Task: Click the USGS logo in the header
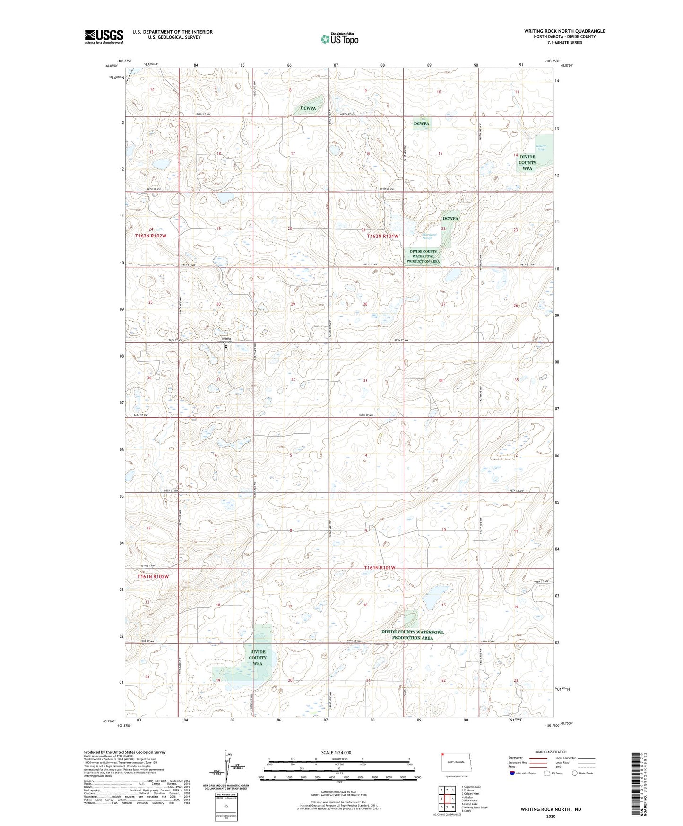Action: coord(104,36)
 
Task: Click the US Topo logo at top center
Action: coord(339,39)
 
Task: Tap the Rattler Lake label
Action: coord(541,148)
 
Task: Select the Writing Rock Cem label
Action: coord(226,340)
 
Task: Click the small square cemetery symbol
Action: coord(226,346)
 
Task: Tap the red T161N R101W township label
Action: coord(380,567)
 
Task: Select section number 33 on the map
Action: coord(365,380)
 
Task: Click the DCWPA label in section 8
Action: coord(308,108)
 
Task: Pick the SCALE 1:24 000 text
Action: coord(336,753)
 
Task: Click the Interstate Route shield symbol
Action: coord(512,773)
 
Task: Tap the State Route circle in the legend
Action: coord(575,773)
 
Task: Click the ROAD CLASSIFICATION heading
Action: coord(551,752)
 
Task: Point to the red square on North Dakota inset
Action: coord(443,755)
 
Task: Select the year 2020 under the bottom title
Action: coord(551,816)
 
